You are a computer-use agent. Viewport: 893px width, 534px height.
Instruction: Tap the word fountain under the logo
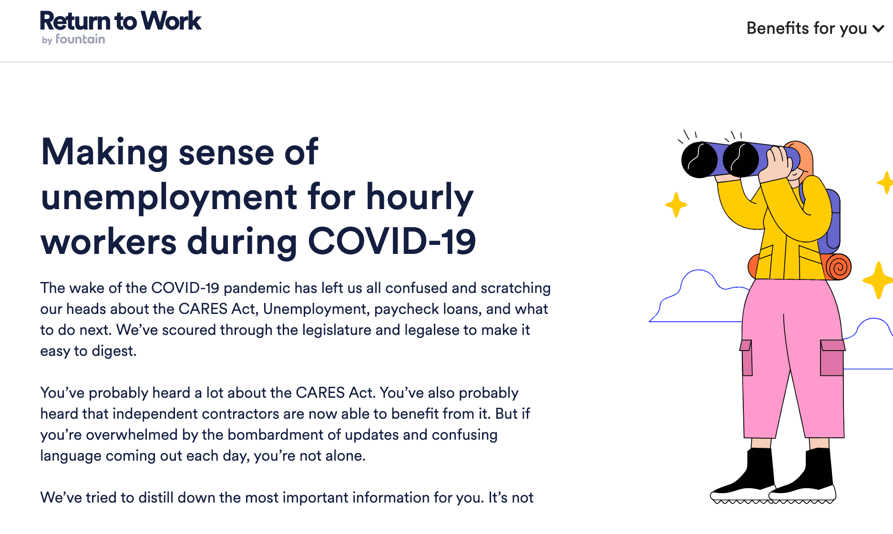[80, 39]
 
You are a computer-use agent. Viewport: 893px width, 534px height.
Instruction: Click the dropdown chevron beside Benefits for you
[878, 29]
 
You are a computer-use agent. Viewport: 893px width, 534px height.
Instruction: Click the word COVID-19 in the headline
[392, 241]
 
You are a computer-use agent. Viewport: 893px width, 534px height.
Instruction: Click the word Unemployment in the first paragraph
[316, 309]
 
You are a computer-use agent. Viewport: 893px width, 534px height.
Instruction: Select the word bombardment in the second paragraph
[277, 434]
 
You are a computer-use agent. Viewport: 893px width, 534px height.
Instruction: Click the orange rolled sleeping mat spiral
[838, 266]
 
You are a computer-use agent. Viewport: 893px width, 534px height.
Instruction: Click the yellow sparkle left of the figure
[676, 205]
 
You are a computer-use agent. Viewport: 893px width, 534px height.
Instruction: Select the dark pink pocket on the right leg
[832, 358]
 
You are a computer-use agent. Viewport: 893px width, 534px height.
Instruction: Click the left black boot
[744, 476]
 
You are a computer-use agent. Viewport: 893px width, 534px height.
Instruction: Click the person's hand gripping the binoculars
[777, 163]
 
